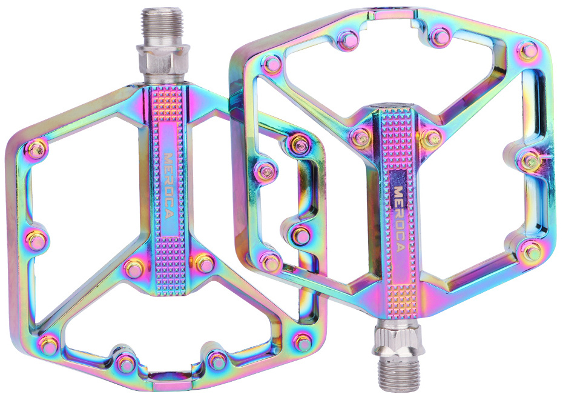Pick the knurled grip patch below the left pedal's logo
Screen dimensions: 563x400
click(x=170, y=266)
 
